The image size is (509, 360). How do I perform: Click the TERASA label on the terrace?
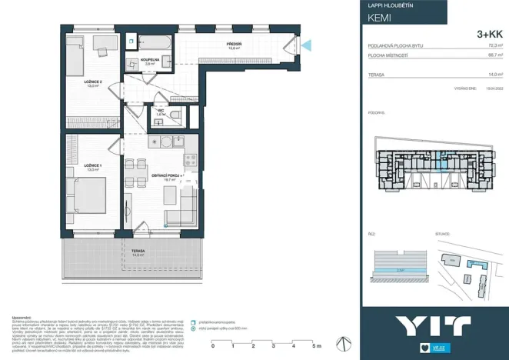pos(138,252)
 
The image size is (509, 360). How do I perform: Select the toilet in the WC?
pos(175,115)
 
